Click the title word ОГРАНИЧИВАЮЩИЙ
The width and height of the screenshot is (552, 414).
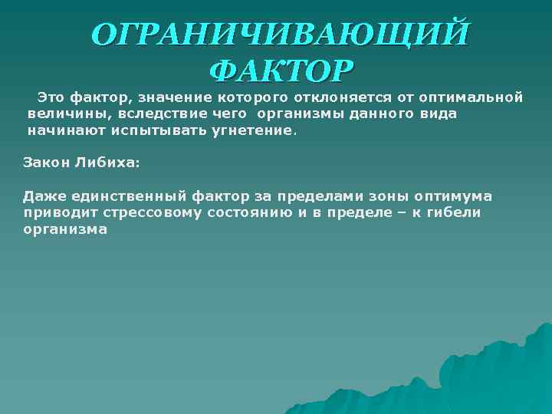(277, 35)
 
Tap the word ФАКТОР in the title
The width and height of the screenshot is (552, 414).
(281, 71)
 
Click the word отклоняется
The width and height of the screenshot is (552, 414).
(340, 97)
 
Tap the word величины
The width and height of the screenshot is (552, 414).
(64, 114)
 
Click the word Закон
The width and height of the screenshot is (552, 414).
(44, 163)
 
